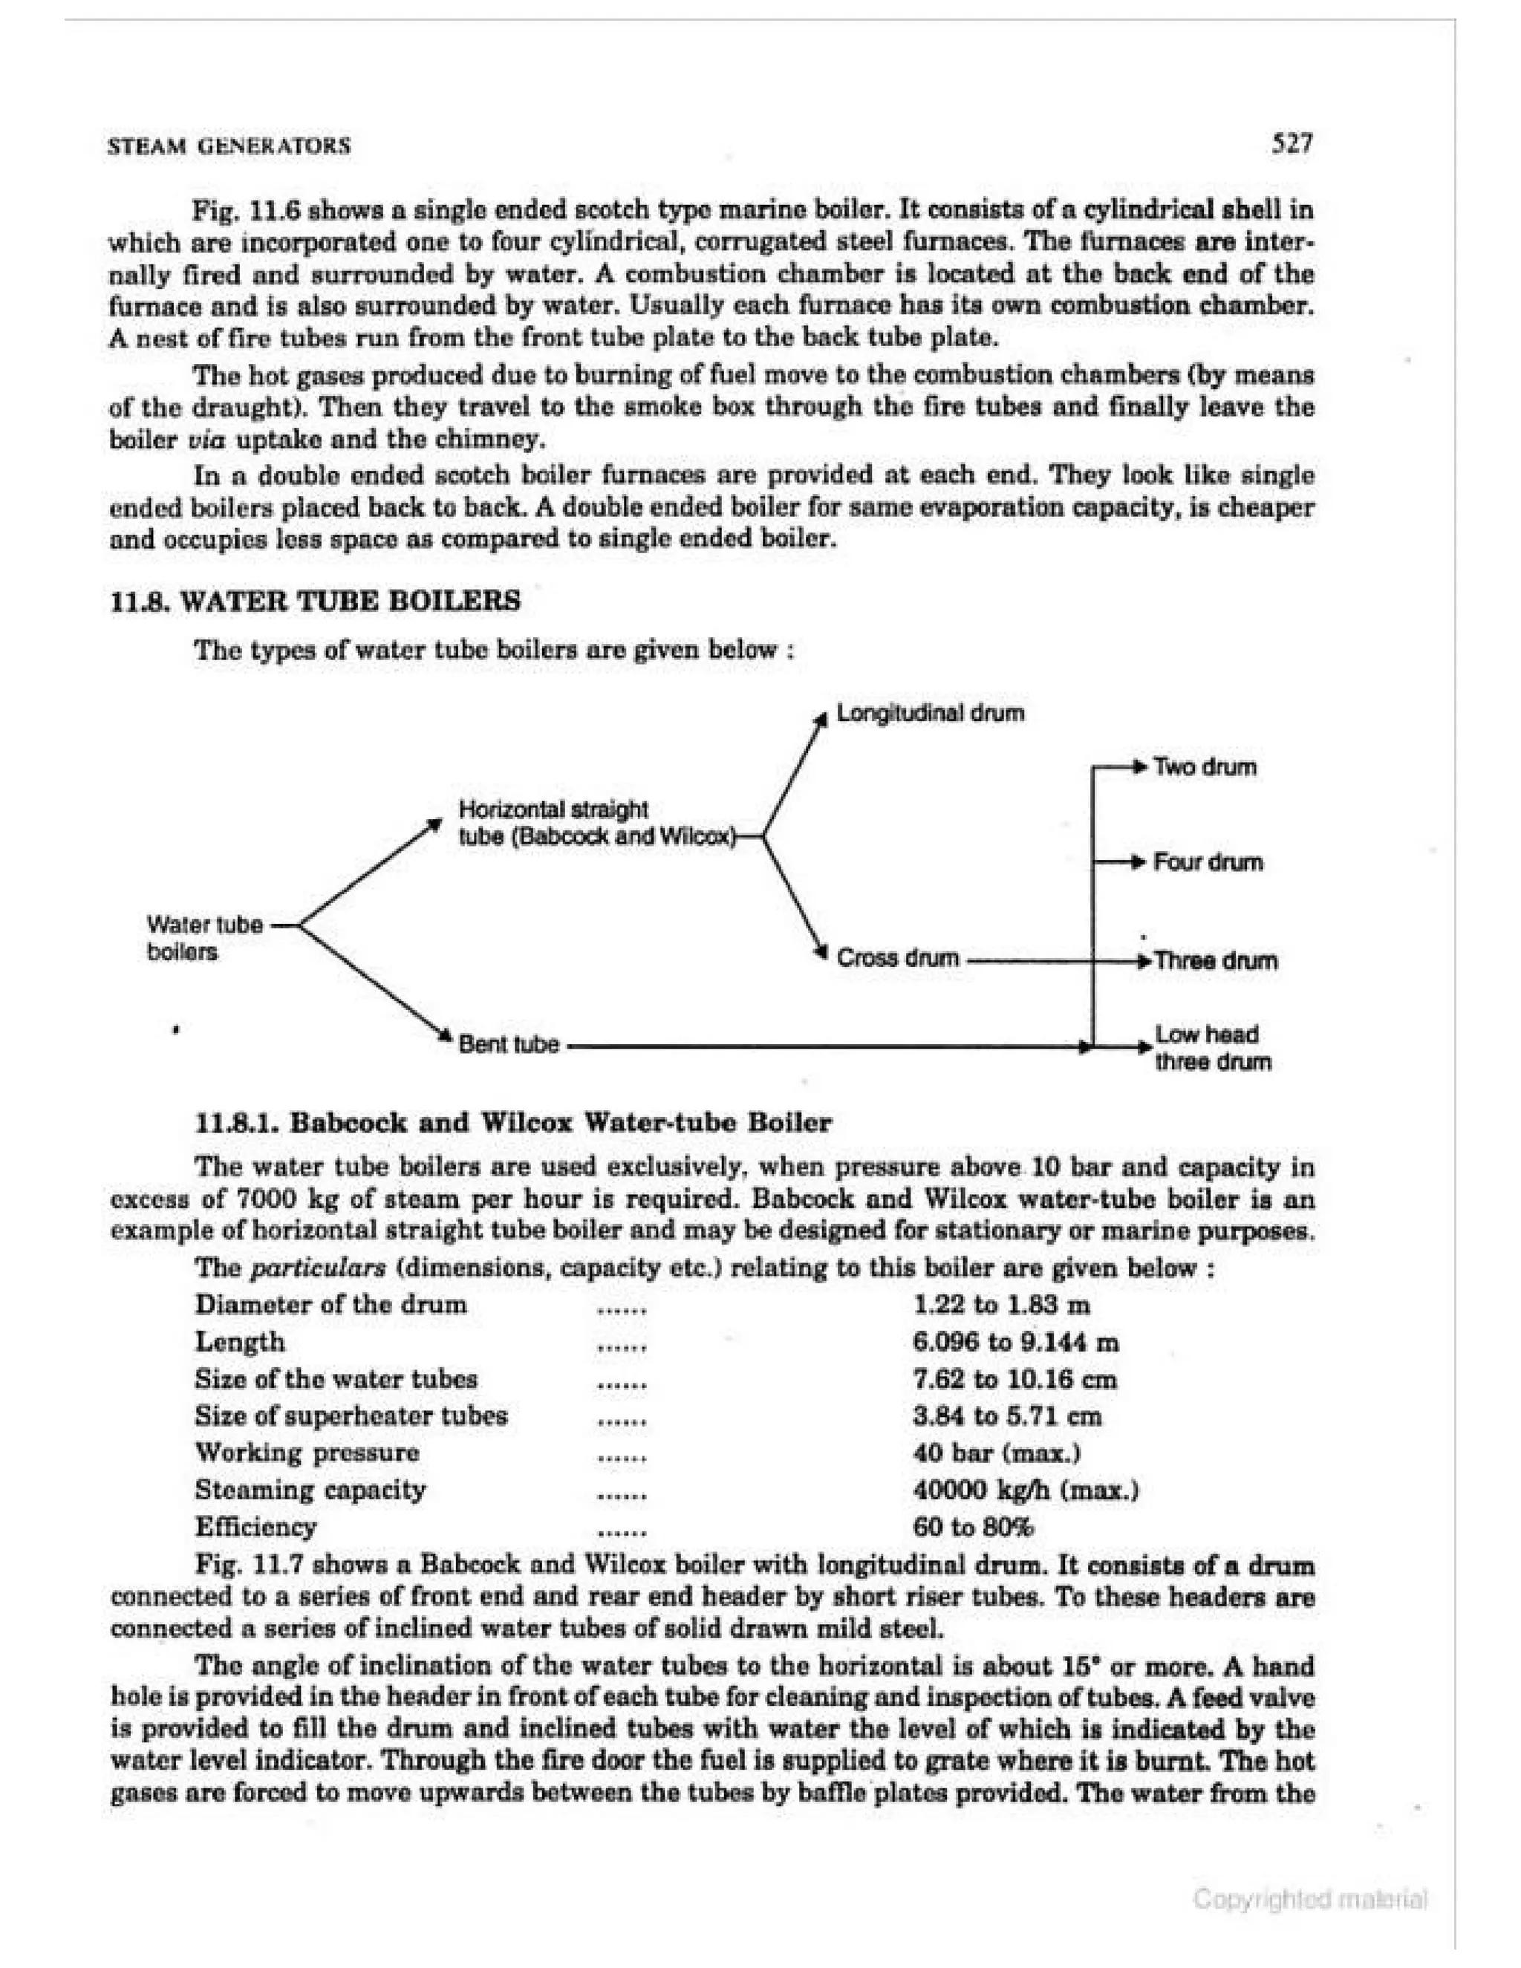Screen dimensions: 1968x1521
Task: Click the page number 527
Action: [1292, 143]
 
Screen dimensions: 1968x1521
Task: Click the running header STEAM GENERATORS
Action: [229, 146]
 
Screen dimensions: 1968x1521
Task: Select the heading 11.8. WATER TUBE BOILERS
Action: [314, 600]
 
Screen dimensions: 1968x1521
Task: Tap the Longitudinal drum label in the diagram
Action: [930, 714]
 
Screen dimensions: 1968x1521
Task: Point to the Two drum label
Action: [1205, 768]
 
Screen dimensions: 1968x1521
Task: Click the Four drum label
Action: [1208, 862]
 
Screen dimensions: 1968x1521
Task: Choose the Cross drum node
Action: [897, 957]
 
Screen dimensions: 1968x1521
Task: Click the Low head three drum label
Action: [1213, 1048]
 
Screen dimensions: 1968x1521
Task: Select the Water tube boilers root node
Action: [204, 938]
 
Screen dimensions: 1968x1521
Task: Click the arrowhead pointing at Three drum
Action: [1146, 959]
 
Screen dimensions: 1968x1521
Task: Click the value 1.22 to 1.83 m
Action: [1002, 1305]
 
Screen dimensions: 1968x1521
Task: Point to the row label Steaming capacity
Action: [310, 1490]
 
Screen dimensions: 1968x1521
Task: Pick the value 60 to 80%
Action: [973, 1526]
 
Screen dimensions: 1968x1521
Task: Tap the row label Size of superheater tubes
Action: [351, 1415]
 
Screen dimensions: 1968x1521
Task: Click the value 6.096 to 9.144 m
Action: [1015, 1343]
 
